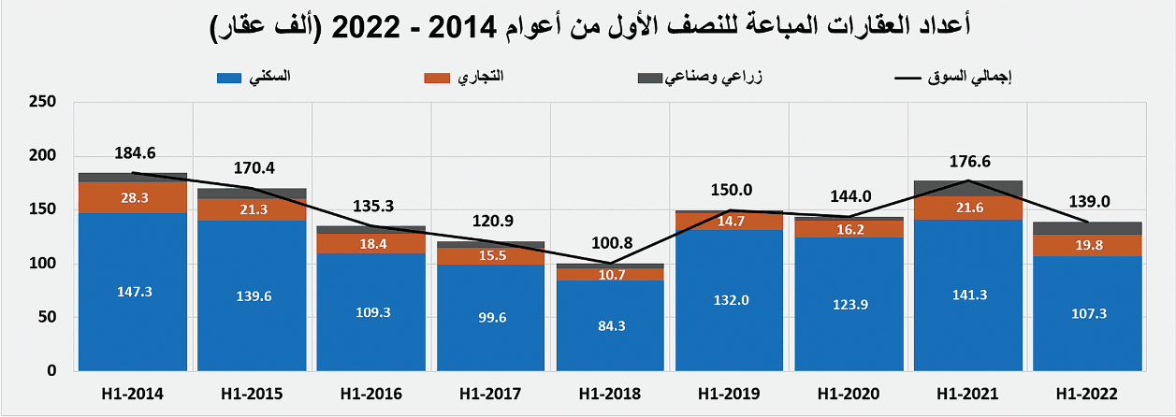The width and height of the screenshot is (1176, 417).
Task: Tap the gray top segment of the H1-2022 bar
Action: click(1086, 228)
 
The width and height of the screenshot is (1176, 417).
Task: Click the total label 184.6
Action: click(135, 152)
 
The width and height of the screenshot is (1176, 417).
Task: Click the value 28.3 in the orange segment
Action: click(133, 196)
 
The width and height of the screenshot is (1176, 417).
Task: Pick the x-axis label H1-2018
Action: click(610, 394)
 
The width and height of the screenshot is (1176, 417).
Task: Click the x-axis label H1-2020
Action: click(849, 394)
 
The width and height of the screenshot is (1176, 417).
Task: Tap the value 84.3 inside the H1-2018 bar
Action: click(610, 325)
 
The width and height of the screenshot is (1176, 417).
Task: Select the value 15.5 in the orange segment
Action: click(491, 253)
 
